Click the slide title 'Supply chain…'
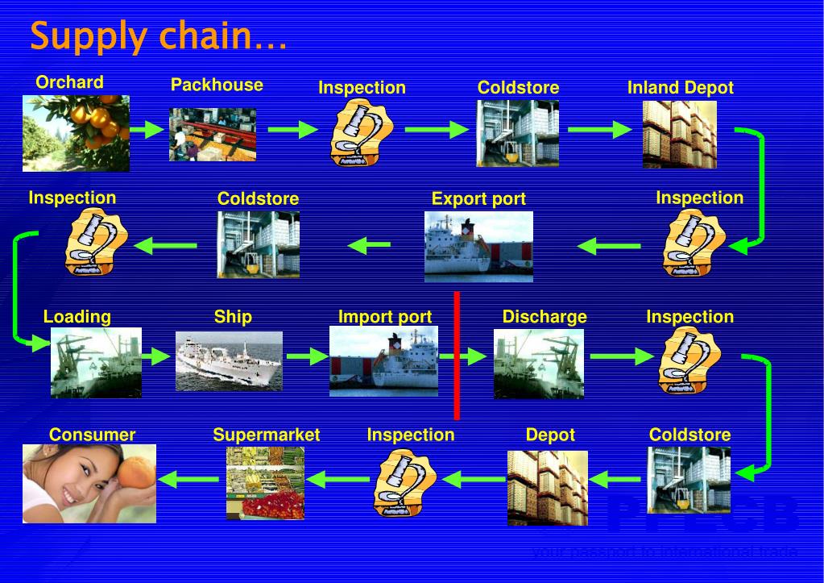coord(158,36)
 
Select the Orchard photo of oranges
coord(76,133)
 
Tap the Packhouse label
coord(217,85)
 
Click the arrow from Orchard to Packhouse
coord(148,129)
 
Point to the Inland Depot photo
coord(679,135)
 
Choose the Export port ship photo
coord(478,246)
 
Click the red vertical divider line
coord(457,356)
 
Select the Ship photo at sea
coord(229,360)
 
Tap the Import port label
coord(384,317)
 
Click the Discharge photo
coord(538,363)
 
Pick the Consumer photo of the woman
coord(89,483)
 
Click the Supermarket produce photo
coord(265,482)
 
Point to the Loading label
coord(77,317)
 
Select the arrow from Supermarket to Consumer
coord(188,480)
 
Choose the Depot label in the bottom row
coord(550,435)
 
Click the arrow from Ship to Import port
coord(306,355)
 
